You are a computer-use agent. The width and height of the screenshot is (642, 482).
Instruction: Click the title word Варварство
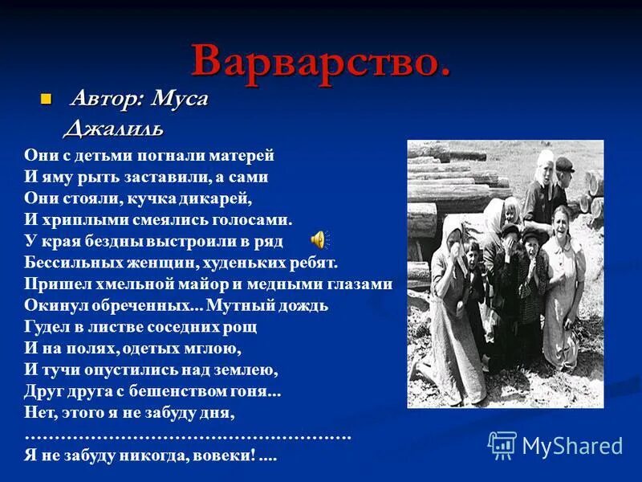320,60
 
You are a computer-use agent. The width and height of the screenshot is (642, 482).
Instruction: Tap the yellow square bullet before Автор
47,100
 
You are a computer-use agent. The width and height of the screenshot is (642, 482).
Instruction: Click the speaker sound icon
319,239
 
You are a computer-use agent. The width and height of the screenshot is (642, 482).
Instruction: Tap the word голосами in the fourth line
255,218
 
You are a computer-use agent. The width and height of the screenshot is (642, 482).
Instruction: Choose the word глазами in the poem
360,284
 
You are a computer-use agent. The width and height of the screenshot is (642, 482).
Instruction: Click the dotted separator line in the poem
188,435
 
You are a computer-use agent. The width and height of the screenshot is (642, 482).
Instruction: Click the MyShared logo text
572,446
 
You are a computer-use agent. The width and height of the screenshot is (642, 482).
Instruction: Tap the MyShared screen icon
502,444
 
